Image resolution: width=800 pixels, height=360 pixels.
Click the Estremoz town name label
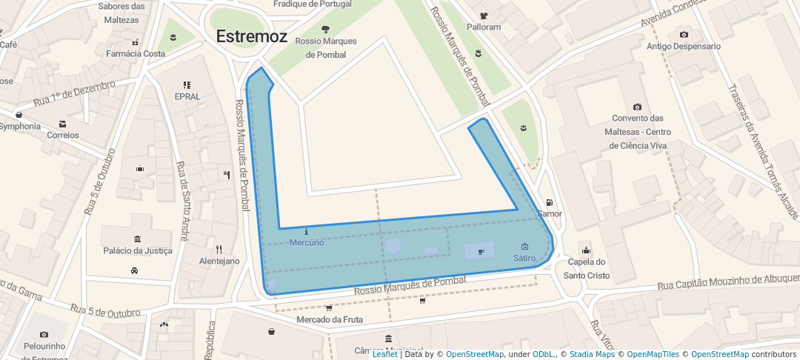252,36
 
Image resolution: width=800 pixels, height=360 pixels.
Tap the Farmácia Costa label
136,53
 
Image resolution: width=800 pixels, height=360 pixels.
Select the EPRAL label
187,96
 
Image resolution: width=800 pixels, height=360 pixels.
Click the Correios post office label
62,135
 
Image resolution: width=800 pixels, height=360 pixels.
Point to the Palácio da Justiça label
138,250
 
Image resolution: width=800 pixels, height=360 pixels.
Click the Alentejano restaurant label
219,261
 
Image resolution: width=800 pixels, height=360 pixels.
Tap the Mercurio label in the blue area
307,242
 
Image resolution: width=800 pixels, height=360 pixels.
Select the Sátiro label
524,258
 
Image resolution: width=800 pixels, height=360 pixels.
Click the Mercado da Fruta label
330,319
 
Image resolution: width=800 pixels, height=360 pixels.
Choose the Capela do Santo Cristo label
587,268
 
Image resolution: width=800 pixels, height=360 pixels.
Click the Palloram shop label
484,27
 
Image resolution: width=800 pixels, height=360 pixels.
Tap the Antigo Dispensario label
683,46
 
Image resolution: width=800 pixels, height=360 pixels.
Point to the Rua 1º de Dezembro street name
74,94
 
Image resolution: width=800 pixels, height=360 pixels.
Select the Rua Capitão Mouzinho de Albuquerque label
729,282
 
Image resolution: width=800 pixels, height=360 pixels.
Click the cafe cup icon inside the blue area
481,252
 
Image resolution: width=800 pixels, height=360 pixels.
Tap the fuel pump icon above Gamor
549,203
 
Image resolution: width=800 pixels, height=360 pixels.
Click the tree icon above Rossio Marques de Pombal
325,29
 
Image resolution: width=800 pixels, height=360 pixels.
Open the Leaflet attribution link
384,354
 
